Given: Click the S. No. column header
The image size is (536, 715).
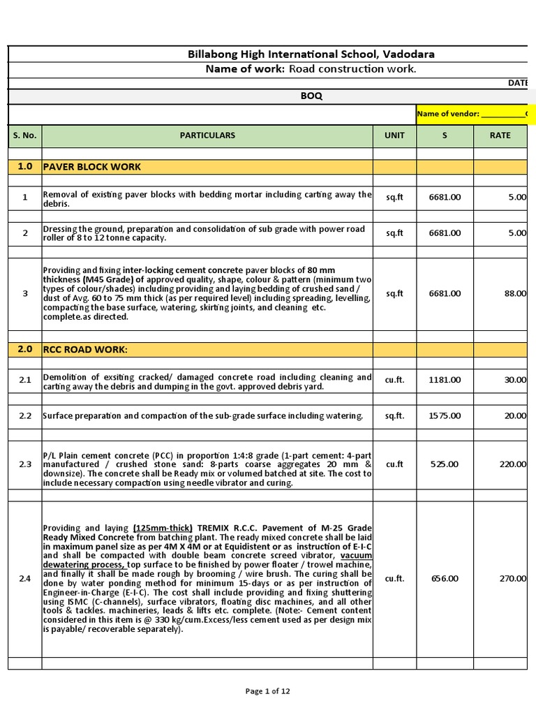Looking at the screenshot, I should tap(24, 135).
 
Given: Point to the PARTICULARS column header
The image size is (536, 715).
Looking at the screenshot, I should tap(207, 135).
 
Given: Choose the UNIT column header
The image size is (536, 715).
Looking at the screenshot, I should tap(394, 135).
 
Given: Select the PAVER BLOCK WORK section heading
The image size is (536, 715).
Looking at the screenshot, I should tap(91, 167).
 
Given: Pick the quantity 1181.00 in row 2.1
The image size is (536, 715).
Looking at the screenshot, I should tap(445, 380).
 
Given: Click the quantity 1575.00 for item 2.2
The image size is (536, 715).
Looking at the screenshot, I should tap(445, 416).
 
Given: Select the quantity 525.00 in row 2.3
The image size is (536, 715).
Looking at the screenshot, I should tap(445, 464).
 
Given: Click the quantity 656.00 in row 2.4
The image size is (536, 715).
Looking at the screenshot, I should tap(445, 578).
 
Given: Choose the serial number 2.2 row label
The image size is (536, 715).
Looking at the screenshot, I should tap(24, 416).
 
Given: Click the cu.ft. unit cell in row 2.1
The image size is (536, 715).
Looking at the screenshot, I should tap(394, 380).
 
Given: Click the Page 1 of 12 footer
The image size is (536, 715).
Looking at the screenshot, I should tap(268, 691).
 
